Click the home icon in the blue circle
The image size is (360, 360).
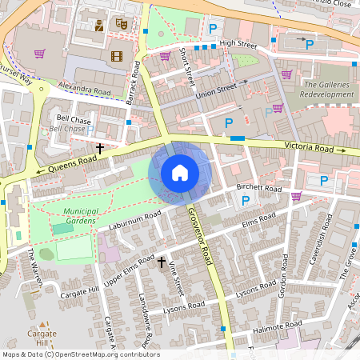point(180,173)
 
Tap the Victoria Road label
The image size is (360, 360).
point(310,148)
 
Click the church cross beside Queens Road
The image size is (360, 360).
point(101,148)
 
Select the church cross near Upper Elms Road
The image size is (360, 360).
point(162,262)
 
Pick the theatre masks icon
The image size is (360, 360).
point(122,24)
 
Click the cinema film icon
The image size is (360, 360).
point(118,56)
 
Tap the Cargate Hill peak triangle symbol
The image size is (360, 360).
point(47,326)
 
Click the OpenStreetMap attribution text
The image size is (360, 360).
point(81,354)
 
